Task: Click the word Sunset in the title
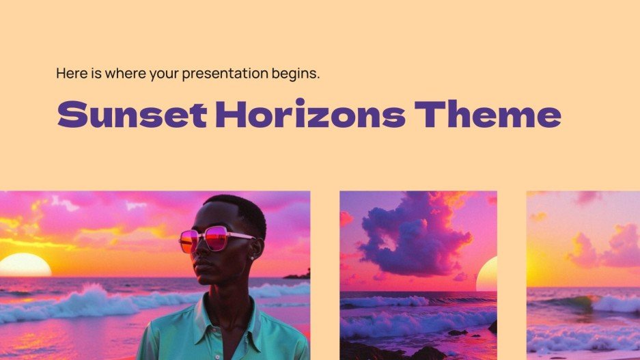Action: [x=131, y=114]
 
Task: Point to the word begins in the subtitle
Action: [x=296, y=73]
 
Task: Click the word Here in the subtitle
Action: [x=70, y=72]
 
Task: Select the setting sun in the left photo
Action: [x=24, y=265]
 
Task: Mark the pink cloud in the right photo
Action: [x=615, y=246]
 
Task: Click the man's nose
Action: [x=200, y=251]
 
